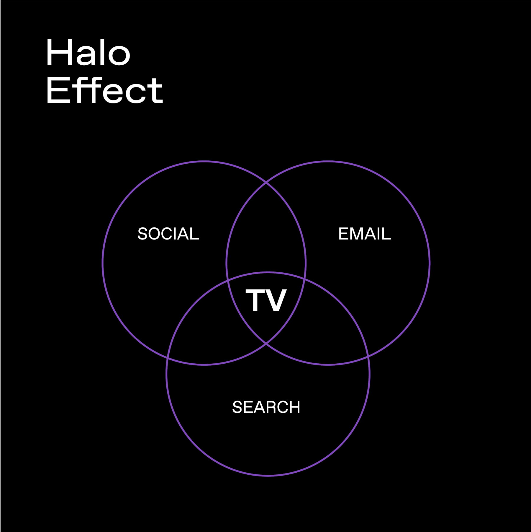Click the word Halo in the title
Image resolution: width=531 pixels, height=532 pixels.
[88, 53]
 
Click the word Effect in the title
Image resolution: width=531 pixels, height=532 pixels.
[104, 90]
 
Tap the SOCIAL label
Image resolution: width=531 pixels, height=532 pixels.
[168, 234]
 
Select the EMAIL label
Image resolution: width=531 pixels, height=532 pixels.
[364, 234]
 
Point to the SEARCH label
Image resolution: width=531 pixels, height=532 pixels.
[266, 407]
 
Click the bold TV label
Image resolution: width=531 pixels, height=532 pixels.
[266, 300]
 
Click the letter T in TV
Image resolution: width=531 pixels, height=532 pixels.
[255, 300]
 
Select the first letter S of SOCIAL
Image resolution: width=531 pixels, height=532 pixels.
[142, 234]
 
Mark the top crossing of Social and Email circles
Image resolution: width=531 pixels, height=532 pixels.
[266, 183]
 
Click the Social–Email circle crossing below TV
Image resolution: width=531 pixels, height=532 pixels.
[266, 344]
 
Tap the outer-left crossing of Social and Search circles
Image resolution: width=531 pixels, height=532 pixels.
[168, 358]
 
